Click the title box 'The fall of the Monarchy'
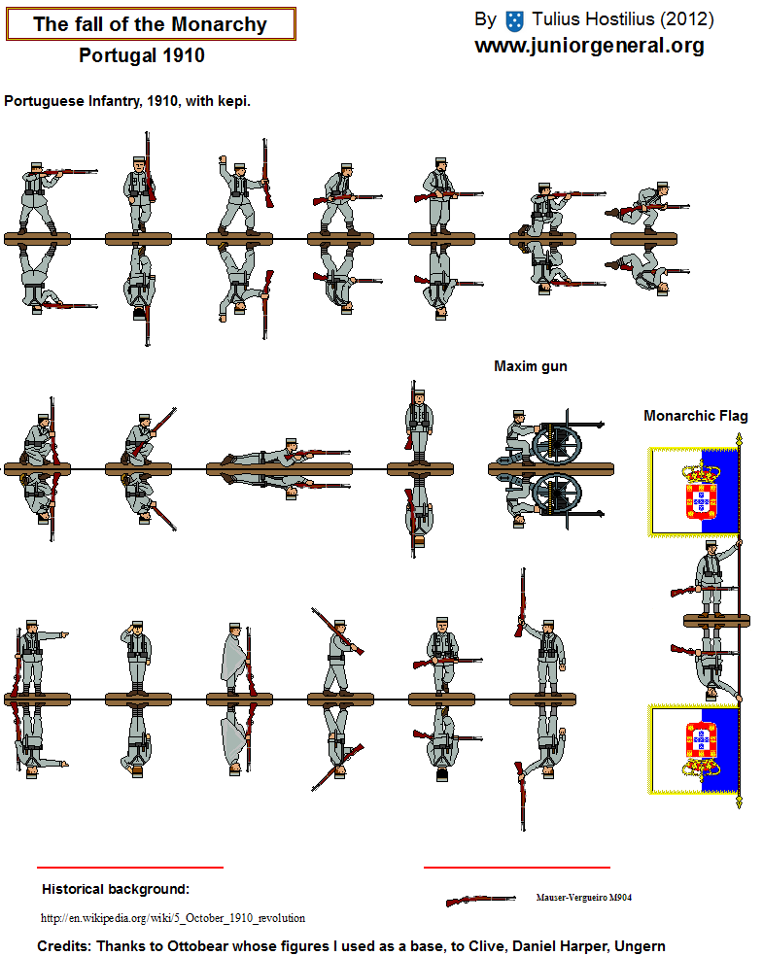point(151,24)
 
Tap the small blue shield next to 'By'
point(515,21)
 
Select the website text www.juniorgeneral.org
point(589,46)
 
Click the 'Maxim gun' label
point(531,366)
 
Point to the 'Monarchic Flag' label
point(695,416)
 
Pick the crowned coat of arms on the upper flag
point(701,492)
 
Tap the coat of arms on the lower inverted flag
point(701,749)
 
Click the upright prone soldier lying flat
point(285,453)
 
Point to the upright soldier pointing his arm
point(38,658)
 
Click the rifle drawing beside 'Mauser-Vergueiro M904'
point(480,900)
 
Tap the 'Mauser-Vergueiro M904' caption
point(584,898)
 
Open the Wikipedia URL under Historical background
point(173,918)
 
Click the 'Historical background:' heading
point(116,890)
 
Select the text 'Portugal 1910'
point(142,55)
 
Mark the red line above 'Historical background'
point(130,867)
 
